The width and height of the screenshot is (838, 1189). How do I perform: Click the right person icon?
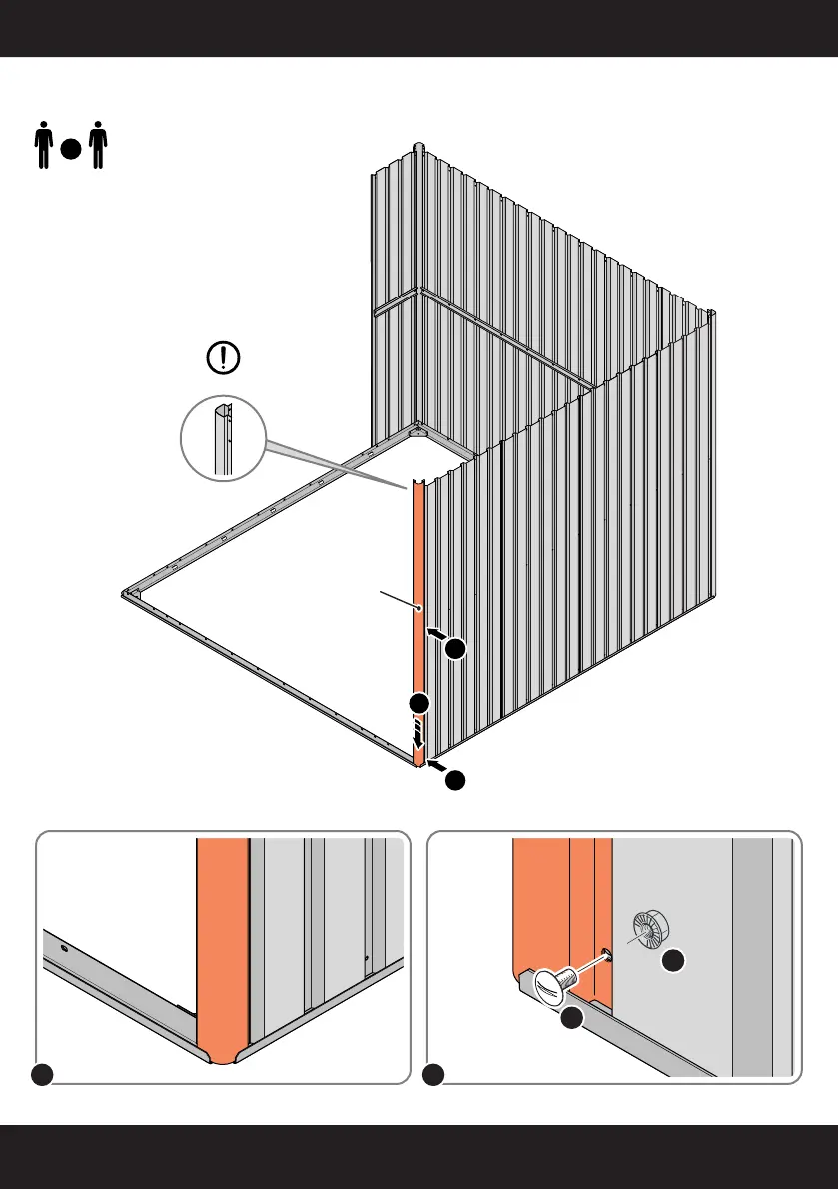coord(97,146)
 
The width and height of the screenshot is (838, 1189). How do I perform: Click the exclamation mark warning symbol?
coord(221,358)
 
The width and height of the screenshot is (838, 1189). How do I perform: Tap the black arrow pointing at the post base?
coord(435,767)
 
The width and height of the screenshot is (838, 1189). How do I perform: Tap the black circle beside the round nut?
coord(675,961)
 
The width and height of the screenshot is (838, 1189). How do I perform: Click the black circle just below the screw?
coord(570,1019)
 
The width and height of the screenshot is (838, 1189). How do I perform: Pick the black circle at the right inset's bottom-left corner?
coord(432,1075)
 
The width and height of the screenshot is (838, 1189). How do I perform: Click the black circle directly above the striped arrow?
coord(419,703)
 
